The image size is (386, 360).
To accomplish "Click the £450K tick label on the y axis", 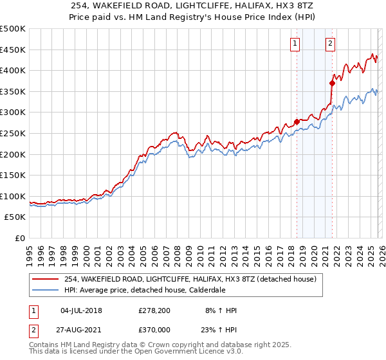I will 13,50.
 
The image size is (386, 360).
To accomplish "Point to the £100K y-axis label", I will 13,196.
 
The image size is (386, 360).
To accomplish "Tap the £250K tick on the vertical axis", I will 13,133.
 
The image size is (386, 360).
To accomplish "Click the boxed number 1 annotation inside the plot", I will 295,44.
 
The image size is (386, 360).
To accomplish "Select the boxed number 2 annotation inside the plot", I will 330,44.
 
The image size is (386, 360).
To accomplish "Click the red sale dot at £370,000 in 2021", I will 333,82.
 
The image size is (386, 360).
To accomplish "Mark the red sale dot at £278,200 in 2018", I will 297,122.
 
